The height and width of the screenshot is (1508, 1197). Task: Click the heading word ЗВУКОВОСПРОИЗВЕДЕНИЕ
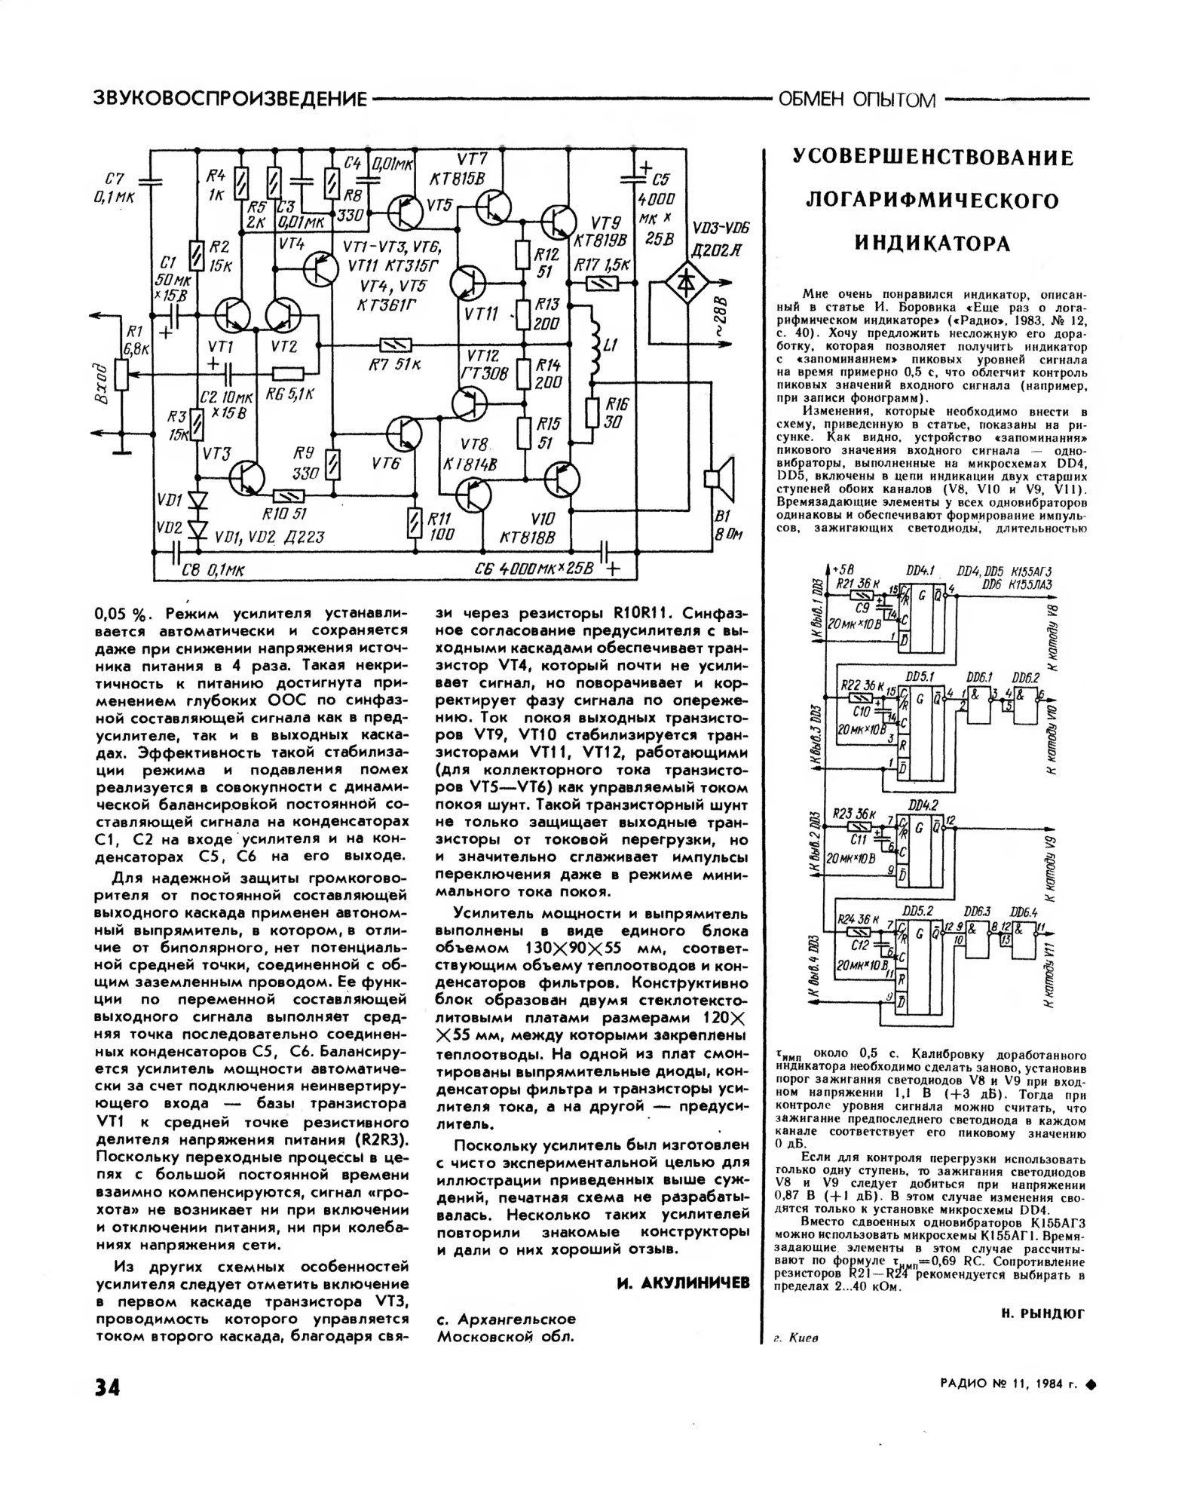coord(228,99)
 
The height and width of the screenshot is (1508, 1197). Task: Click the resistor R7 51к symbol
coord(396,346)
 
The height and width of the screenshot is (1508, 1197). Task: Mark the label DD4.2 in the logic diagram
coord(923,805)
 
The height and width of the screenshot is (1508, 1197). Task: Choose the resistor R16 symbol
coord(592,412)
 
